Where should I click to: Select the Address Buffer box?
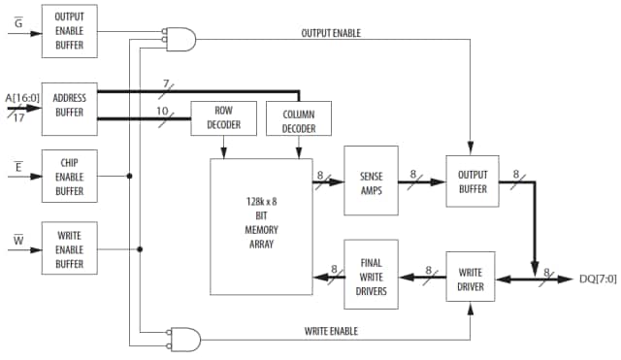tap(70, 109)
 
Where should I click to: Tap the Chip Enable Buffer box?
tap(70, 176)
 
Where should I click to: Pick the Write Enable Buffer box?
tap(70, 248)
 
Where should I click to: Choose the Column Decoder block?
tap(298, 119)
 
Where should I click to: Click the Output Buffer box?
tap(471, 181)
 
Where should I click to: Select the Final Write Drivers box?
tap(371, 275)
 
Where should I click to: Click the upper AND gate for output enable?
tap(181, 40)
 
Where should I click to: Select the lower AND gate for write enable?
tap(184, 339)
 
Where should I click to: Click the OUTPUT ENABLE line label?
tap(332, 32)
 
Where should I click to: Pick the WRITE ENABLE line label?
tap(330, 331)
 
